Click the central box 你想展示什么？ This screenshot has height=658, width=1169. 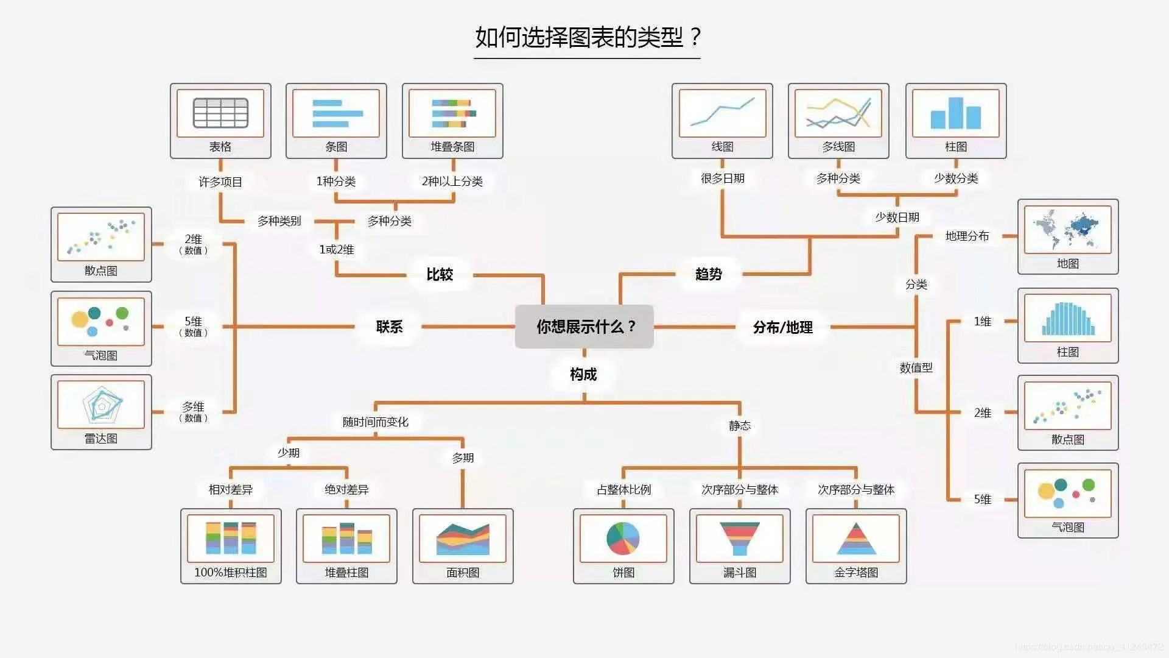click(x=584, y=327)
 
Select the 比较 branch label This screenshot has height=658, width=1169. click(x=440, y=274)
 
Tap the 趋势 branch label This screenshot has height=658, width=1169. click(x=709, y=274)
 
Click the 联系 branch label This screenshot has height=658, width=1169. click(x=389, y=327)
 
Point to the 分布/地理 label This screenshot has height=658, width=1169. click(x=782, y=327)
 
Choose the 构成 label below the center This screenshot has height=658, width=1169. click(x=583, y=374)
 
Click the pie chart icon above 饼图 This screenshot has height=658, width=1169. click(x=623, y=538)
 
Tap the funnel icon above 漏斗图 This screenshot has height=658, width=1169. click(x=739, y=538)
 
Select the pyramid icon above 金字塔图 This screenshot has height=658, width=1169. click(x=856, y=538)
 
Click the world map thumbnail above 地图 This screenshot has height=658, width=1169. click(x=1067, y=230)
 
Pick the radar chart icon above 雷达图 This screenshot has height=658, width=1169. click(x=102, y=405)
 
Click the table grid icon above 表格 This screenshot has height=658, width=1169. click(x=220, y=113)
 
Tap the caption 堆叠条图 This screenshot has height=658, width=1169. click(x=452, y=146)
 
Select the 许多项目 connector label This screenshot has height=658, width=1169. click(x=220, y=182)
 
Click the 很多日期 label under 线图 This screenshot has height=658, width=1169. click(x=722, y=178)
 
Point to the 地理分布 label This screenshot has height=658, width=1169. click(x=967, y=236)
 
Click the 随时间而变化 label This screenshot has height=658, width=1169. click(x=375, y=422)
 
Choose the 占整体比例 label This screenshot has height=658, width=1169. click(x=623, y=489)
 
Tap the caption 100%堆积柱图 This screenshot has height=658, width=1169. click(x=231, y=572)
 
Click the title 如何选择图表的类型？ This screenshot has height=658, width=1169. click(x=588, y=37)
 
